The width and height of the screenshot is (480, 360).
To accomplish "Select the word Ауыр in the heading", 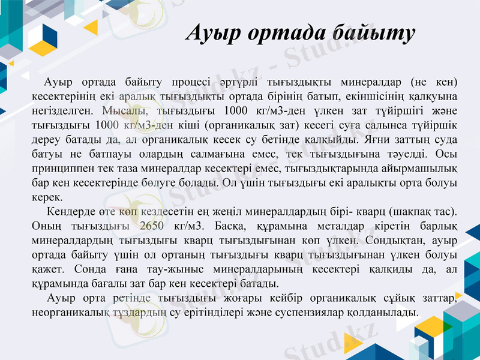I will click(x=211, y=33).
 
